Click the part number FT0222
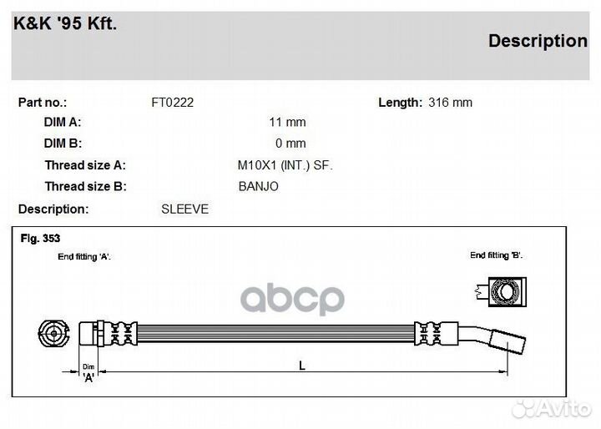(173, 103)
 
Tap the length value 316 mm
(451, 103)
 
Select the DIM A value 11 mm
(287, 123)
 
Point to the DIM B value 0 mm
(290, 144)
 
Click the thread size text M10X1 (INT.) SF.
(285, 165)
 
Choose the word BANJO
(258, 187)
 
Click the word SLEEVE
(184, 209)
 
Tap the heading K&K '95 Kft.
(65, 23)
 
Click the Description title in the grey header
(538, 42)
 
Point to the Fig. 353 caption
(40, 239)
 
